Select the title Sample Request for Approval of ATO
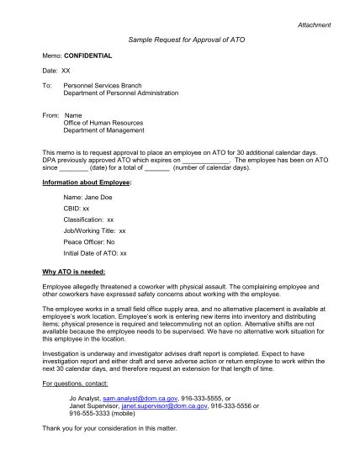[x=179, y=40]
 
